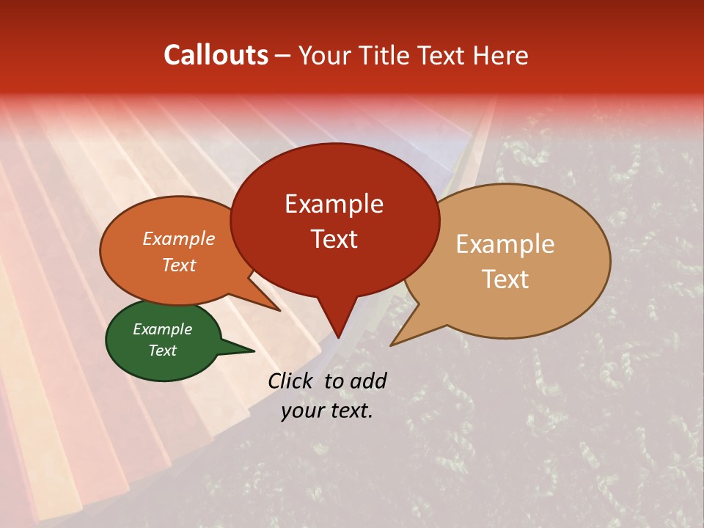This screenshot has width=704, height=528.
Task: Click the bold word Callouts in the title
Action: (216, 55)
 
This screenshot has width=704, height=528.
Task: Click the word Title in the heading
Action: (386, 55)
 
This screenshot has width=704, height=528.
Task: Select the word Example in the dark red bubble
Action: (334, 204)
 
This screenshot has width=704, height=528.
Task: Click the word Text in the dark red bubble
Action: (334, 239)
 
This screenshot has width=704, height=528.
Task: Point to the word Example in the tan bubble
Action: (505, 244)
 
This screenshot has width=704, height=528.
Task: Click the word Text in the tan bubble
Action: (505, 279)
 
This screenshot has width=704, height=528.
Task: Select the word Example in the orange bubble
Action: (178, 238)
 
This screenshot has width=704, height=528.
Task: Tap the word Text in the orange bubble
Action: (178, 265)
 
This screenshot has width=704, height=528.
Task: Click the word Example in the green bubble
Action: (162, 329)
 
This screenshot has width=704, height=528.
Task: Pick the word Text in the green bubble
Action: (162, 351)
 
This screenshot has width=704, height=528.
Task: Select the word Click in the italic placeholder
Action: (291, 381)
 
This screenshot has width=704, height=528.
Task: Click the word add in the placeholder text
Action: (368, 381)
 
